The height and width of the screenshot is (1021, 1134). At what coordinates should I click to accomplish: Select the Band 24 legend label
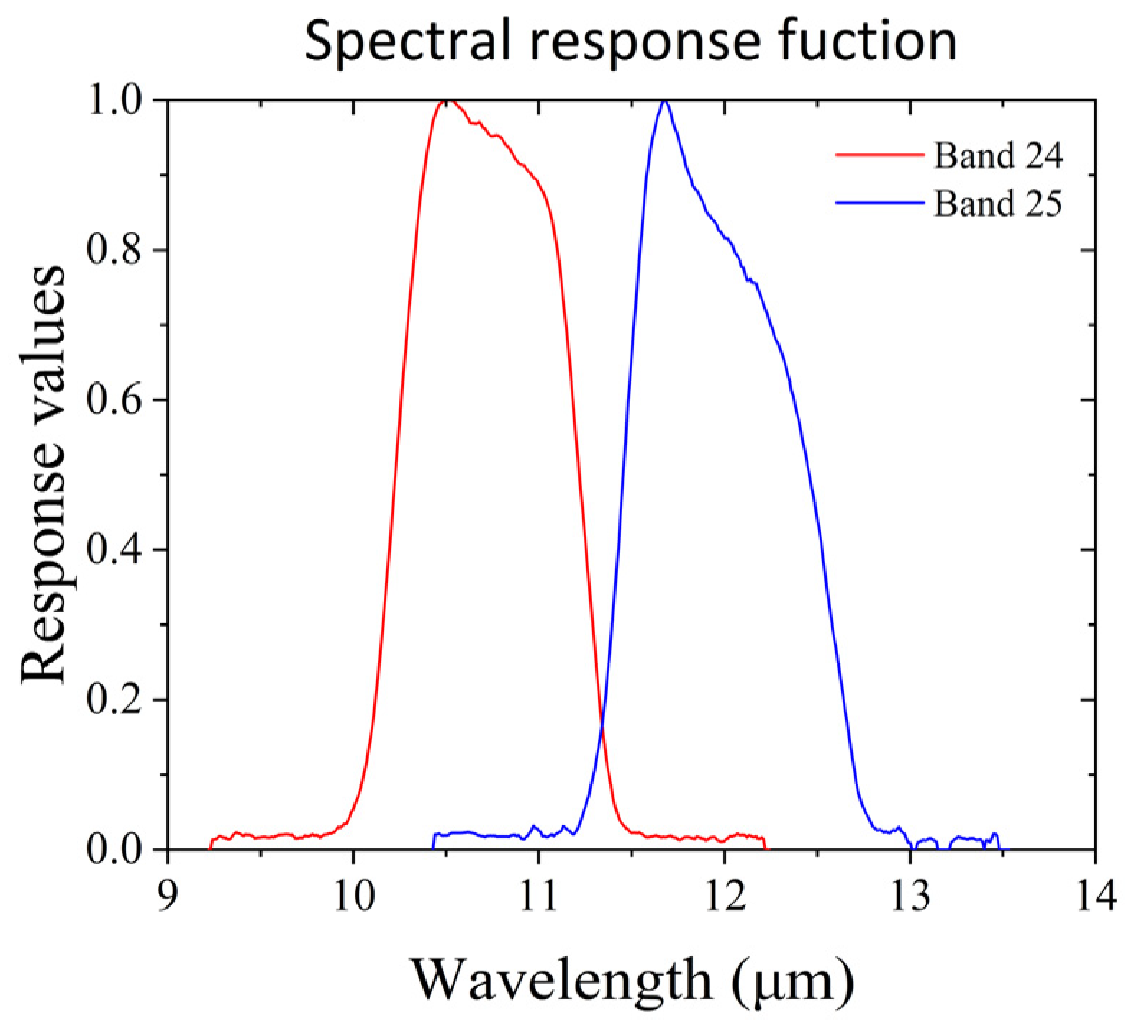(997, 155)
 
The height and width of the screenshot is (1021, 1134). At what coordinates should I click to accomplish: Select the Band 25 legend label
(997, 204)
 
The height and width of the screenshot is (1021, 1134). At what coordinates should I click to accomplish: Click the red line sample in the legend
(879, 155)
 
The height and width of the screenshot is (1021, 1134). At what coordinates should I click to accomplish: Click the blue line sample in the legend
(879, 204)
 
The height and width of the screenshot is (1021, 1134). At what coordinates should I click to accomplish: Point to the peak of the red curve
(447, 101)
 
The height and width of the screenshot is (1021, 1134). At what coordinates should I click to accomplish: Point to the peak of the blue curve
(664, 101)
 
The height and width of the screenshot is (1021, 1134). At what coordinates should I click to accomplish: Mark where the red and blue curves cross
(602, 727)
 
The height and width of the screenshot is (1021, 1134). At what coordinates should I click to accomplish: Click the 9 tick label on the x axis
(167, 897)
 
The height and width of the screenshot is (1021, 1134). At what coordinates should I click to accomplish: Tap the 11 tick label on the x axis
(538, 897)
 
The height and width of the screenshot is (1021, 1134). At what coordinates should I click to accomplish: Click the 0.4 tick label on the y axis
(116, 550)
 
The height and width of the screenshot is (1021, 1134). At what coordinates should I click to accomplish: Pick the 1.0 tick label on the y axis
(116, 101)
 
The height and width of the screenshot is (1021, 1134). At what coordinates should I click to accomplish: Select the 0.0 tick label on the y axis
(116, 850)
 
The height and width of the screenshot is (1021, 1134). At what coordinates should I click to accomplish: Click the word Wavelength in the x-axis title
(561, 980)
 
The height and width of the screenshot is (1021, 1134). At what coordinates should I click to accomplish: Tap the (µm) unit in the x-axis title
(794, 980)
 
